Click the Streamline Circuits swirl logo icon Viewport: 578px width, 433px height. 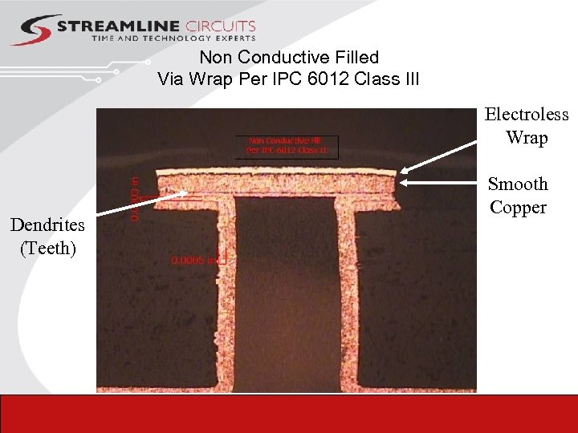point(34,29)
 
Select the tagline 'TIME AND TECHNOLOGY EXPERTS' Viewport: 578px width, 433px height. point(173,38)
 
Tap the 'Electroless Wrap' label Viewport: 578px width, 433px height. point(527,126)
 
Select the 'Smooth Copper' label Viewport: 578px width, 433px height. point(518,196)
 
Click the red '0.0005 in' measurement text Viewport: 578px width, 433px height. point(193,260)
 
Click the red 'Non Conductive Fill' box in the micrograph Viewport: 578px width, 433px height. point(287,144)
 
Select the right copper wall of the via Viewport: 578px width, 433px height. point(346,297)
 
